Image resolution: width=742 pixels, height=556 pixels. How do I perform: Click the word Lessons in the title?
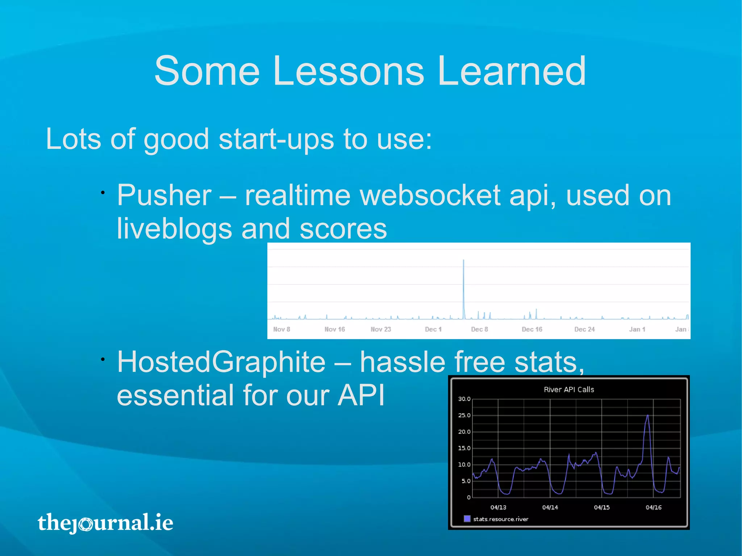tap(348, 71)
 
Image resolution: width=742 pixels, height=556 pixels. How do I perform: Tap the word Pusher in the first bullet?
tap(164, 196)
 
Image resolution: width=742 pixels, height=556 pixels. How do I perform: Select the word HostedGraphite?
tap(221, 362)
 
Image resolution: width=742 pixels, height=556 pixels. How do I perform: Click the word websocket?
tap(430, 196)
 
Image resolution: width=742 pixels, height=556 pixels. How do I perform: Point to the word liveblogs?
tap(174, 229)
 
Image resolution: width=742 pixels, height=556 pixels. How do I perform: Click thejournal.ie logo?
tap(105, 523)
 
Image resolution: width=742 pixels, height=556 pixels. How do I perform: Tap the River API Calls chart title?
tap(569, 390)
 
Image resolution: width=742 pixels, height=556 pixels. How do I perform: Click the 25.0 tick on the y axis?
tap(464, 415)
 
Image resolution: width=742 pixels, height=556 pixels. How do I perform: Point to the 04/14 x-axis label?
tap(550, 507)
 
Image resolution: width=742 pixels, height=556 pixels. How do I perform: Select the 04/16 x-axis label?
tap(654, 507)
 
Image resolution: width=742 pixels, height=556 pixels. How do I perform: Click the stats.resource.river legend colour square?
tap(467, 519)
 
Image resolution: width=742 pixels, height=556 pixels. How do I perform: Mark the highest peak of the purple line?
tap(647, 416)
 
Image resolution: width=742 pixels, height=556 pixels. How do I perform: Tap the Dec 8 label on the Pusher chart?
tap(479, 329)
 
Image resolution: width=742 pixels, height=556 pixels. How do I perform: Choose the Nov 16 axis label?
tap(334, 329)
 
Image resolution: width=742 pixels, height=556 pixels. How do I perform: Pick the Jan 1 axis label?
tap(637, 329)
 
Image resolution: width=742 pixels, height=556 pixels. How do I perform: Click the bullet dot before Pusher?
tap(103, 193)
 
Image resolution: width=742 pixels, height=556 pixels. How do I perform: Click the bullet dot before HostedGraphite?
tap(103, 359)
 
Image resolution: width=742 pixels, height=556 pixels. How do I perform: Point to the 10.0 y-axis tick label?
tap(464, 465)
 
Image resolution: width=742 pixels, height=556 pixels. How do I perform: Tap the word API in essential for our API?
tap(361, 396)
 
